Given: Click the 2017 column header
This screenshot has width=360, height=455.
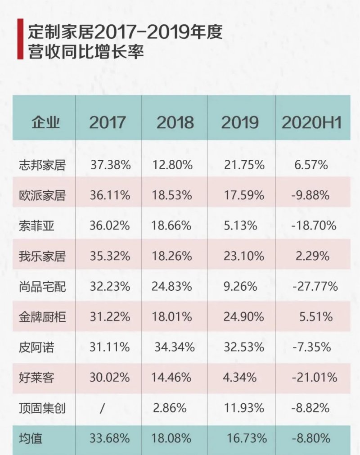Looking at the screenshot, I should pos(108,122).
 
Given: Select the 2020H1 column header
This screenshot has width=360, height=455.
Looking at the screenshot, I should pos(311,122).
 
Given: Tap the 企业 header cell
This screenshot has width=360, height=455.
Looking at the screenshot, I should pos(45,122).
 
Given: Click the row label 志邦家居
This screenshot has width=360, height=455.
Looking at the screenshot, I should pos(43,165).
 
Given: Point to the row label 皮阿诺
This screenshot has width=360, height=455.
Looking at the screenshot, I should pos(37,347).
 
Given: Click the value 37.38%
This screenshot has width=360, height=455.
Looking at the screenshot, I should pos(110,165).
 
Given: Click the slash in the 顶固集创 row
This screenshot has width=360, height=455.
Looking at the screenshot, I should pos(103,408).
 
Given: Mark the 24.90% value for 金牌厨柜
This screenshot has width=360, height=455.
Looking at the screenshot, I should pos(244,317).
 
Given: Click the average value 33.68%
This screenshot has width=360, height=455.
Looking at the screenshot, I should pos(110,438).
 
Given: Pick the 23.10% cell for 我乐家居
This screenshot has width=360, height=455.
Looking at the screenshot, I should pos(244,256).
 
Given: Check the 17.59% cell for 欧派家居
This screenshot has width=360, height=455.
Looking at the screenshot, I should pos(244,195).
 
